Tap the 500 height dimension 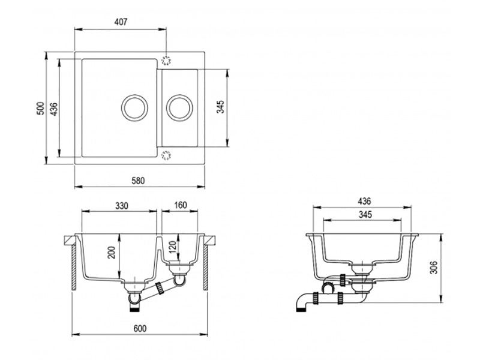pos(39,108)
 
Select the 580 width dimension pos(139,180)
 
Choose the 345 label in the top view pos(220,107)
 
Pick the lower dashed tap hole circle pos(166,157)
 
